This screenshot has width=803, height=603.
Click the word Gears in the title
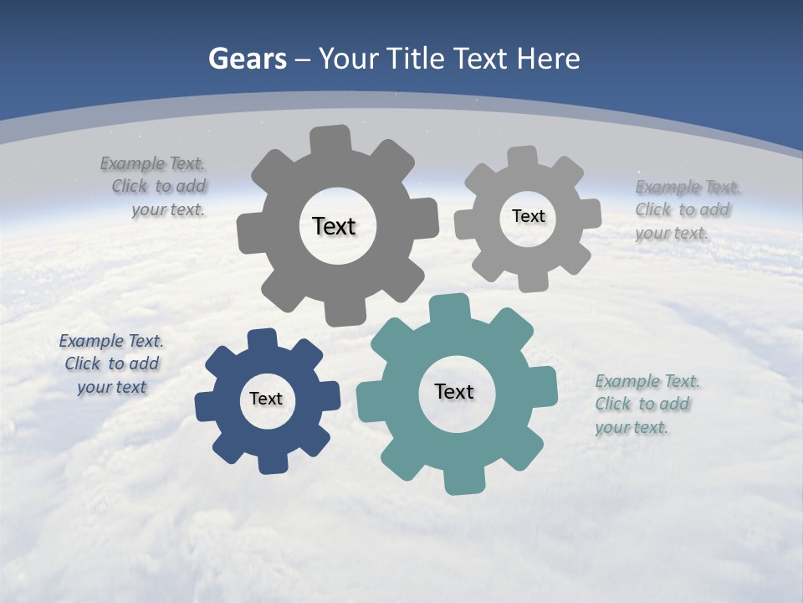[x=247, y=59]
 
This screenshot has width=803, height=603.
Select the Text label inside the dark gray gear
[x=334, y=226]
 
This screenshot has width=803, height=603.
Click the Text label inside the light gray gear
[x=528, y=216]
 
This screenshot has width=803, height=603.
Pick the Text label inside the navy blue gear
[x=266, y=399]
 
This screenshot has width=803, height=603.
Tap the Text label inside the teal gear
[x=454, y=391]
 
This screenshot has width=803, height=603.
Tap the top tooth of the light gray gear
[x=523, y=157]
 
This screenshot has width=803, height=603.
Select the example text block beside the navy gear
[x=111, y=363]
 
